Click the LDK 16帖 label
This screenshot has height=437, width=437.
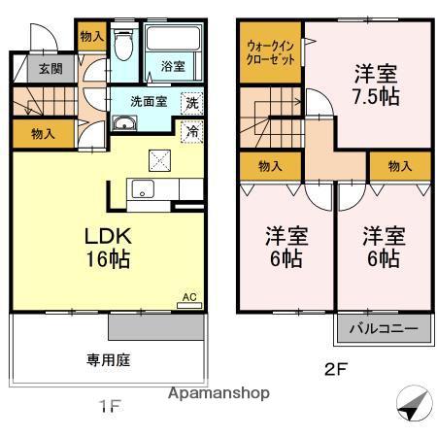[x=107, y=249]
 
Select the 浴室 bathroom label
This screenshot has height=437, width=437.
[x=174, y=68]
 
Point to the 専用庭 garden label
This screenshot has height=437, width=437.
[x=109, y=359]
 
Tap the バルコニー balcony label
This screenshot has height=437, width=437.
[x=383, y=329]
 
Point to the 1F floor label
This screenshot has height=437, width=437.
[x=109, y=407]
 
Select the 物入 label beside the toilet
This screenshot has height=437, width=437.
[x=92, y=36]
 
